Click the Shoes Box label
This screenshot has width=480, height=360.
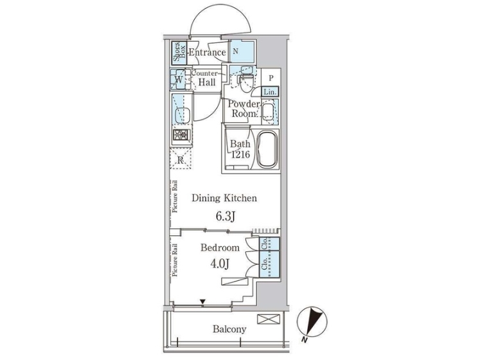click(x=179, y=52)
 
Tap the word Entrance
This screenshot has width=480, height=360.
click(x=208, y=52)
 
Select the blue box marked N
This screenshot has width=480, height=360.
click(x=242, y=52)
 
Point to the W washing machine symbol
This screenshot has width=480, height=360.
click(x=178, y=79)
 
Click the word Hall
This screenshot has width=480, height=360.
click(x=207, y=82)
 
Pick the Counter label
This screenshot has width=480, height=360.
click(x=204, y=73)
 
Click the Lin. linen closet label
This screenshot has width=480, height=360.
click(x=270, y=92)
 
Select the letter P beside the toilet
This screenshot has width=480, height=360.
click(x=271, y=78)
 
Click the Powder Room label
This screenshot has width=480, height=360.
click(x=244, y=109)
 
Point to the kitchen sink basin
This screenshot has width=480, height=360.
click(x=182, y=116)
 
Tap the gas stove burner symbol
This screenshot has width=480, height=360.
click(x=182, y=134)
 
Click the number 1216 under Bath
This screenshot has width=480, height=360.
click(x=240, y=154)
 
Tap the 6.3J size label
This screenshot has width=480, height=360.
click(x=226, y=217)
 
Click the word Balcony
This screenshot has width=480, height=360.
click(x=229, y=329)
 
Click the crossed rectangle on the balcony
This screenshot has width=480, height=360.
click(x=268, y=319)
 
